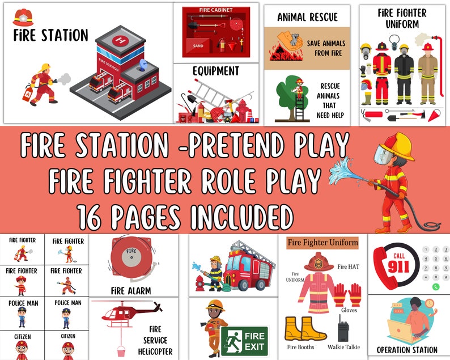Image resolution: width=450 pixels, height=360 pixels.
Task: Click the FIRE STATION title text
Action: (50, 36)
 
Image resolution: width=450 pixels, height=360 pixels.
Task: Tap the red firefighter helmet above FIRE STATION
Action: (22, 16)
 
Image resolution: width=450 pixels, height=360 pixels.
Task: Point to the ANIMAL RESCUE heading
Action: (307, 17)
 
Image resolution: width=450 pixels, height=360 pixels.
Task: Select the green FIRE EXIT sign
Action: (244, 340)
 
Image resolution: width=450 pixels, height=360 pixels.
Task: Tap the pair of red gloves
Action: (347, 295)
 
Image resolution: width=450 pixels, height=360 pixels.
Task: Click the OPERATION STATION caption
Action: (407, 350)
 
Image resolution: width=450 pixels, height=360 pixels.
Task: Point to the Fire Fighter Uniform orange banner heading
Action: (322, 242)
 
